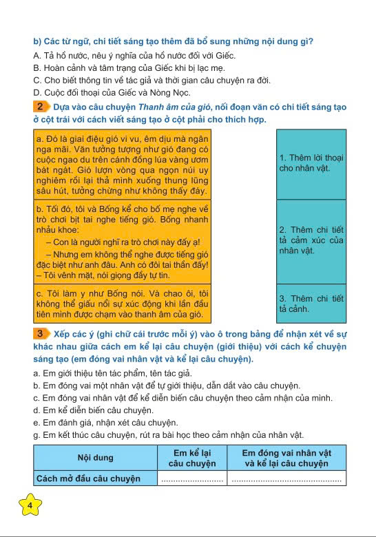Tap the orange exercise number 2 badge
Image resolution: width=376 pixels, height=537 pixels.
click(x=41, y=107)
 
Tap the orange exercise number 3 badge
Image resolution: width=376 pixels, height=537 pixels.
click(x=41, y=334)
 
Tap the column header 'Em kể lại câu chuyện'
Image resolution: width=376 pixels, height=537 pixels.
click(x=191, y=458)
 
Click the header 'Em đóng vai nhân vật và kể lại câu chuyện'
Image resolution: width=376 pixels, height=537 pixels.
click(x=286, y=458)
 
